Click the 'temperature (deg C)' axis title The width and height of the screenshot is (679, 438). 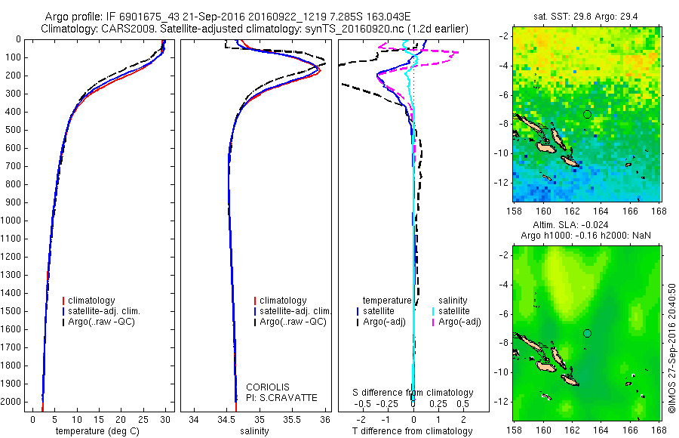point(97,431)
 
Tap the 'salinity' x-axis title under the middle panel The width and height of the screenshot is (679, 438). point(253,431)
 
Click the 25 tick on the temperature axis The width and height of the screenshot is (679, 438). point(143,418)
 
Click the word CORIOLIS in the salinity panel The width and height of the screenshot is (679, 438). point(268,387)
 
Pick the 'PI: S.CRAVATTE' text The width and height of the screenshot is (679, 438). point(282,398)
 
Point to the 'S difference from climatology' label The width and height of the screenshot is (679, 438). point(413,393)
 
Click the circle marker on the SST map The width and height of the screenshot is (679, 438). point(587,114)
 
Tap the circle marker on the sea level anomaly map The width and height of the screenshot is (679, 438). point(587,333)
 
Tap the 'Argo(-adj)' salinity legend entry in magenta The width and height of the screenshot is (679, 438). point(460,322)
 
